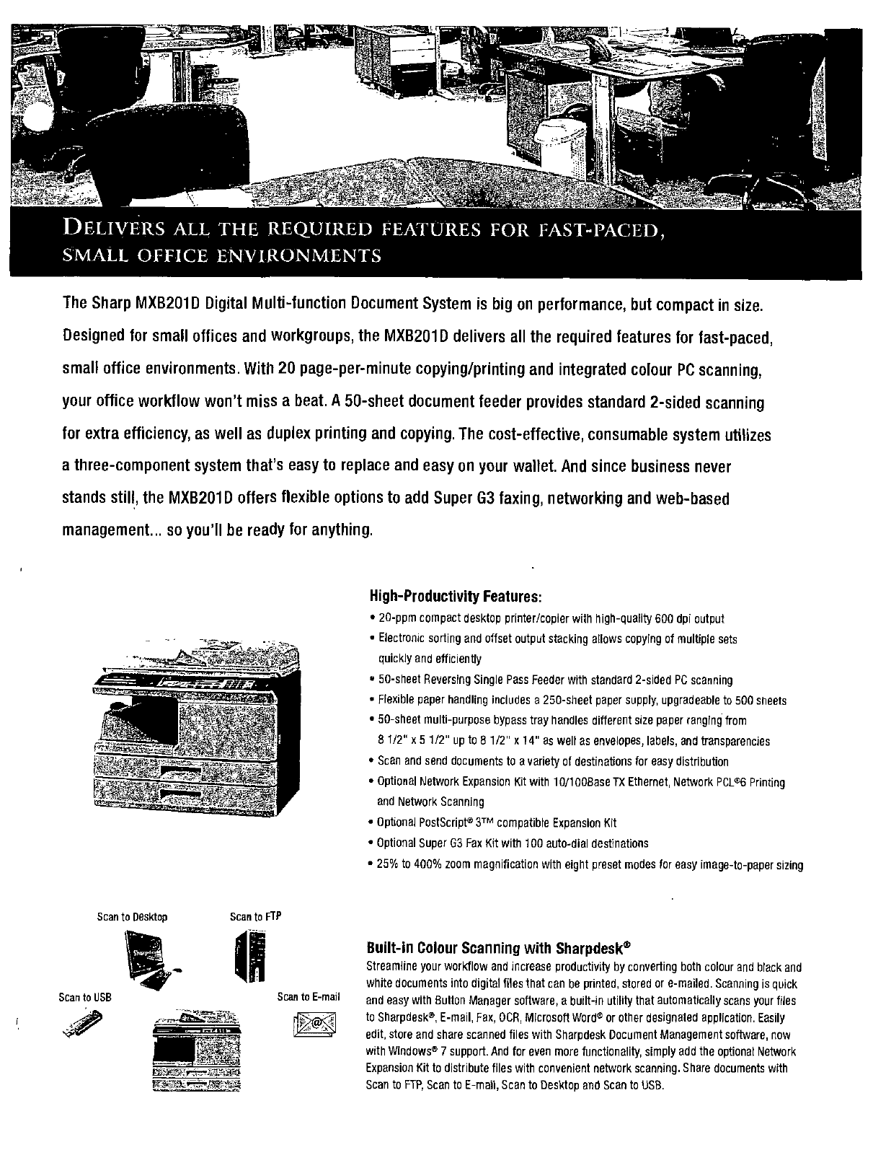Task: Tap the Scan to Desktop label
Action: [132, 917]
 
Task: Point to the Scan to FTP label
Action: [254, 917]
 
